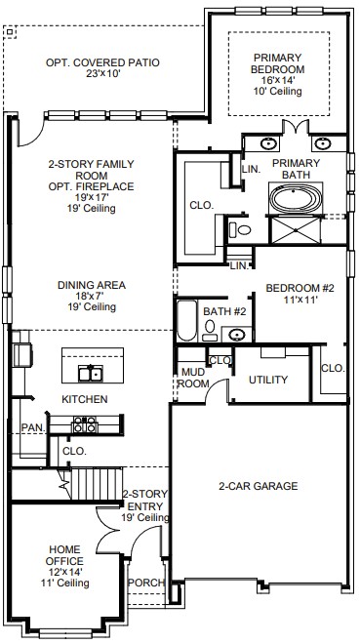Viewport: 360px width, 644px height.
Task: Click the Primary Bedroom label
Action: tap(277, 63)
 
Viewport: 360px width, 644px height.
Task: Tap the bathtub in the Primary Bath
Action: tap(296, 198)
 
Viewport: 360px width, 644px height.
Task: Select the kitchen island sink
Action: tap(91, 373)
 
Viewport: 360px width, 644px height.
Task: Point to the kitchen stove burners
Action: tap(85, 424)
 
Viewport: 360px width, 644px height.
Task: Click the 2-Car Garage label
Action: tap(259, 486)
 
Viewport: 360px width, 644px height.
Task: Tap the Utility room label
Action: tap(268, 380)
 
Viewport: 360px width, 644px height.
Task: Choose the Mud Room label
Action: tap(194, 378)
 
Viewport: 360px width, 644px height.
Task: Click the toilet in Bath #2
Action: tap(210, 330)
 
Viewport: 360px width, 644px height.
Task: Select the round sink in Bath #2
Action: tap(237, 335)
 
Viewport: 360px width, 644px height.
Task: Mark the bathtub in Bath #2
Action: tap(186, 321)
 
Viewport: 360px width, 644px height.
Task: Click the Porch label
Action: tap(146, 583)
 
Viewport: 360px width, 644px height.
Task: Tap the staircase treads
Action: tap(97, 484)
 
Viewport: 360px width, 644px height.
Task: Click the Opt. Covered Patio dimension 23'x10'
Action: tap(102, 74)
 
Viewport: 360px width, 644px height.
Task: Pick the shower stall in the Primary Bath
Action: tap(296, 230)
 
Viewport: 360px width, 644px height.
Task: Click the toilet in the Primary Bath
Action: tap(241, 229)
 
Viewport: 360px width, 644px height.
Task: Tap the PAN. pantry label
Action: tap(34, 427)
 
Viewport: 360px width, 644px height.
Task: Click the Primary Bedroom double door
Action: tap(296, 127)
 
